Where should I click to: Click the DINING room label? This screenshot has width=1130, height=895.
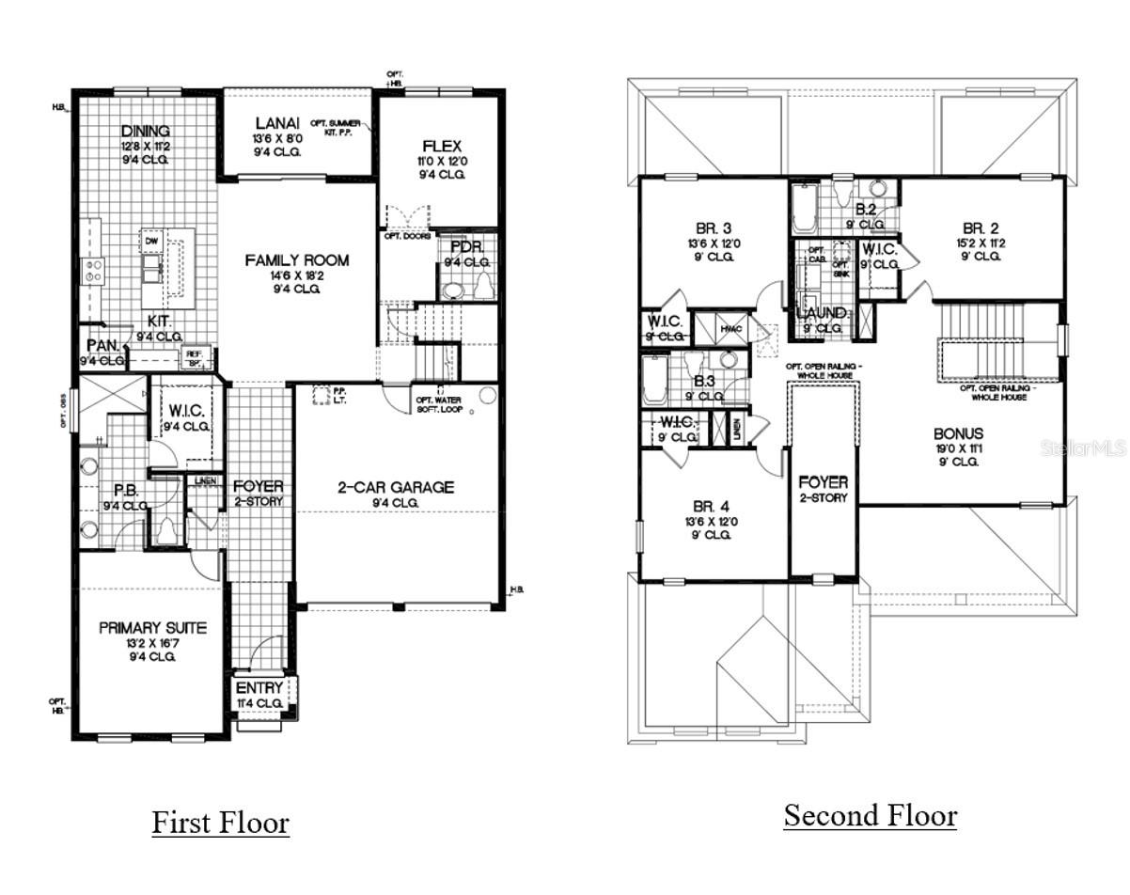pos(146,131)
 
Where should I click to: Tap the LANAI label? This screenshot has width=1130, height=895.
pos(277,124)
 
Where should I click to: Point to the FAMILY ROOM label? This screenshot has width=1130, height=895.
pos(297,260)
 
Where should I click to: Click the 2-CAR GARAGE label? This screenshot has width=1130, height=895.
pos(396,487)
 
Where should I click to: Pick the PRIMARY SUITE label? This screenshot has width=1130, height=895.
pos(153,627)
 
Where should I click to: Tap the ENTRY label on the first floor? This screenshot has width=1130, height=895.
pos(259,688)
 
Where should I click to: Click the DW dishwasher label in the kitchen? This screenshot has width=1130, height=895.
pos(150,241)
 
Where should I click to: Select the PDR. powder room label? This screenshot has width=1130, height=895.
pos(466,246)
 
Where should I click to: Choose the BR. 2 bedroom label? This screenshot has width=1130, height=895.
pos(981,228)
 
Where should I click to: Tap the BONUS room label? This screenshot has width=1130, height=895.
pos(958,433)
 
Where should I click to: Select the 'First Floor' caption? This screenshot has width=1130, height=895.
pos(221,823)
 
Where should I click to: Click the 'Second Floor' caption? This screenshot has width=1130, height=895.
pos(871,815)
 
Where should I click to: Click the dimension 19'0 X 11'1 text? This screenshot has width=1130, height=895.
pos(958,448)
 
